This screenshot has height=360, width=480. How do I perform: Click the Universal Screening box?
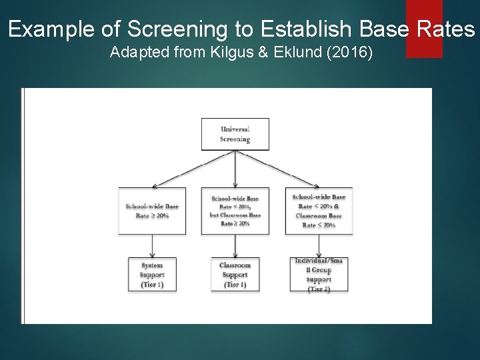[235, 134]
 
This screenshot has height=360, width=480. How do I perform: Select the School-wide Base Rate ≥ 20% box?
[152, 211]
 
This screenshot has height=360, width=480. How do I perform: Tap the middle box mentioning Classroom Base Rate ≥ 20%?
[235, 211]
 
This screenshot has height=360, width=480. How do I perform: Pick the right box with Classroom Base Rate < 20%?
[319, 211]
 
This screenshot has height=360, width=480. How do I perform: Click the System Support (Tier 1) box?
[152, 274]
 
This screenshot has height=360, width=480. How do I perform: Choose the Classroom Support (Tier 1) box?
[235, 274]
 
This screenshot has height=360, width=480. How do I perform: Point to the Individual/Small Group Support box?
[319, 274]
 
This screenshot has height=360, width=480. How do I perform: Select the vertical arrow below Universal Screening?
[235, 169]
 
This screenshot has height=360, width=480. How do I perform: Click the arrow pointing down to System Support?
[153, 246]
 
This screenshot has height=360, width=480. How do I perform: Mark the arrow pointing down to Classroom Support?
[235, 246]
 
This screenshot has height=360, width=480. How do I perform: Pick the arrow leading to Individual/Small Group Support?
[319, 246]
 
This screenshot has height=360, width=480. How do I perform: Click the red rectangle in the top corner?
[424, 29]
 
